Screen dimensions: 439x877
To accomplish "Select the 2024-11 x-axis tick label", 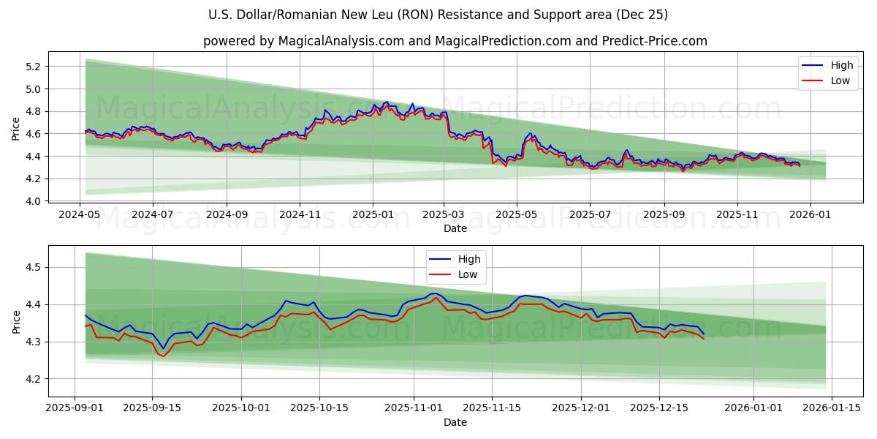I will click(300, 215).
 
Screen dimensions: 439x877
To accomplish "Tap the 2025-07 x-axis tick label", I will click(590, 215).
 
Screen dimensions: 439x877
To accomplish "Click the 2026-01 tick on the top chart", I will click(809, 215).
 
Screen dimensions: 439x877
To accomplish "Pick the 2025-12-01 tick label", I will click(581, 408).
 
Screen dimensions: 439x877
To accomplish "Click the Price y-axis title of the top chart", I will click(16, 129).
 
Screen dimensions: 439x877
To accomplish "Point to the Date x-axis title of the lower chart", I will click(455, 422).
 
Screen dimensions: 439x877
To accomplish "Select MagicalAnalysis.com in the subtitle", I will click(341, 41).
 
